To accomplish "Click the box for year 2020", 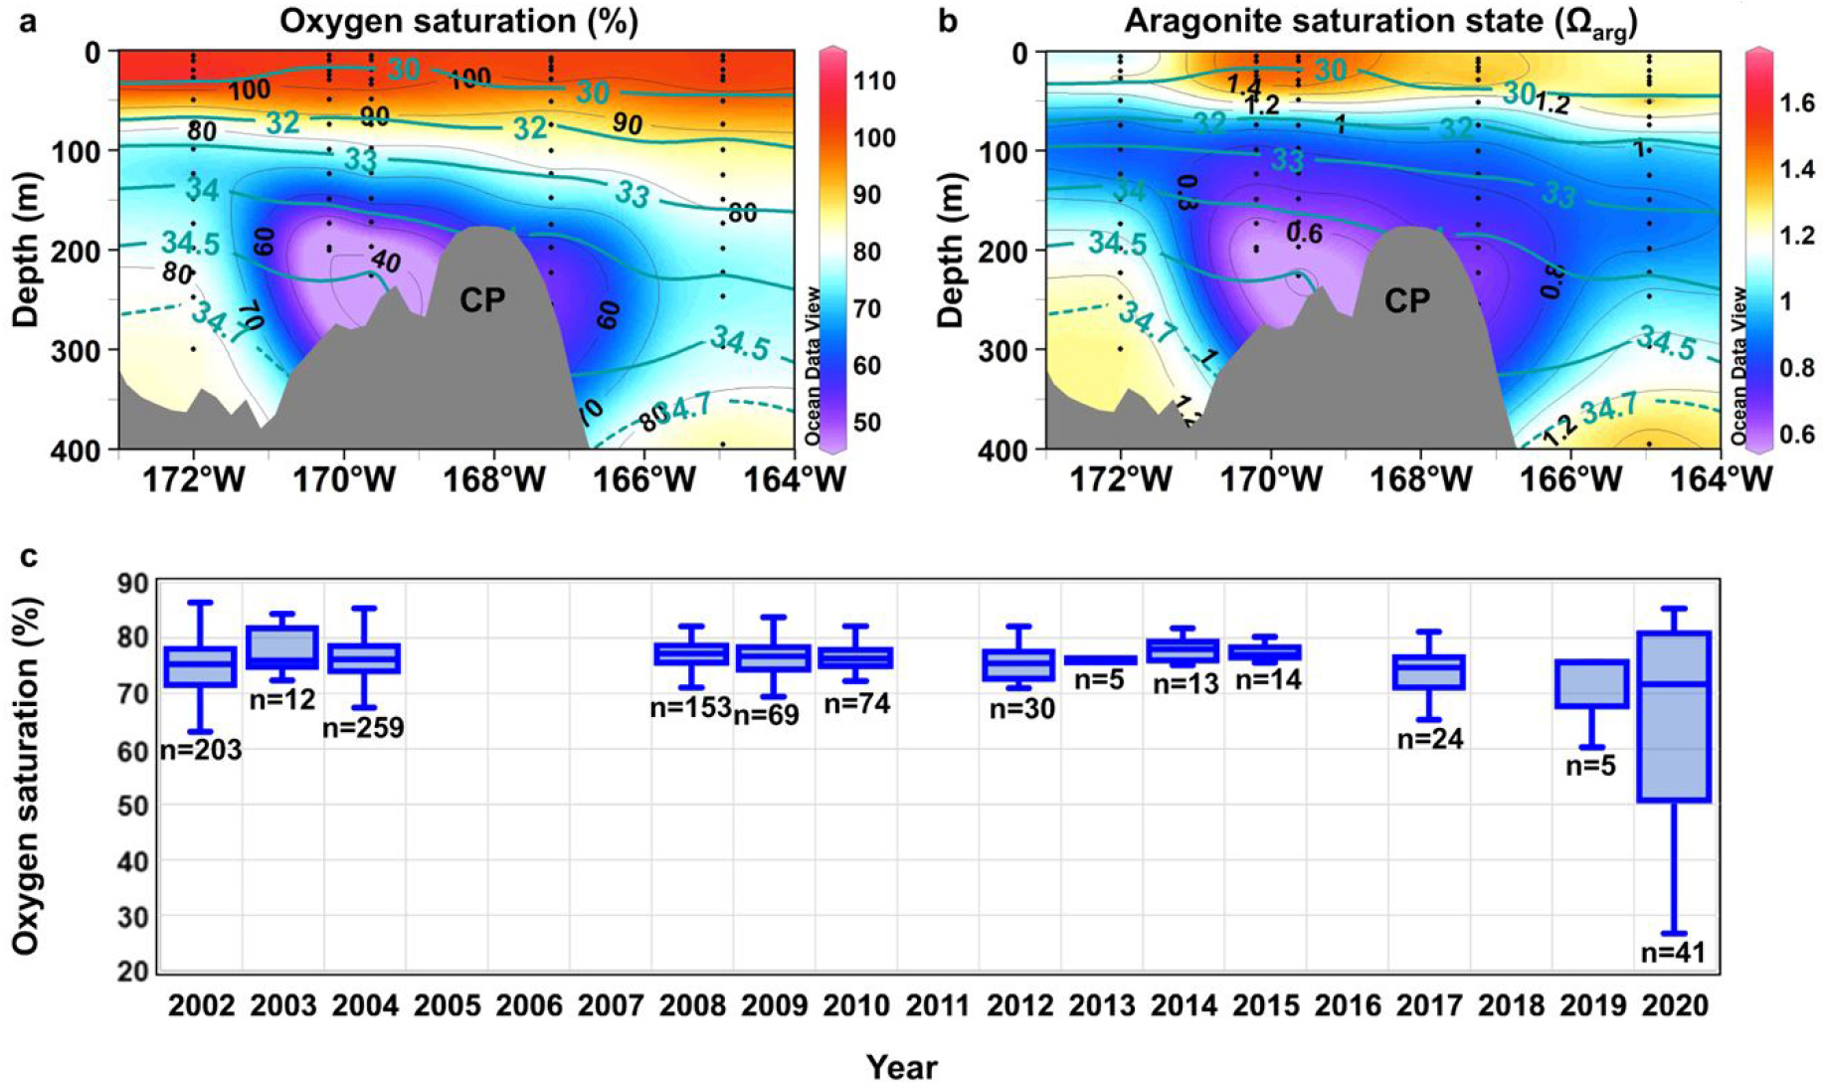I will click(x=1674, y=716).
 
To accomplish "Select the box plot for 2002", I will click(x=201, y=666).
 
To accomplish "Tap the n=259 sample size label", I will click(x=363, y=728).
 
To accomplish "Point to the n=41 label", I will click(x=1673, y=953).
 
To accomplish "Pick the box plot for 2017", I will click(x=1428, y=671).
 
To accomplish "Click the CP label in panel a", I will click(x=482, y=300).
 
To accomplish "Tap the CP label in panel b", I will click(x=1407, y=300).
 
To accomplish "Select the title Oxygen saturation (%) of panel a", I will click(x=458, y=21).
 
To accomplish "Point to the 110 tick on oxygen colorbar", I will click(x=874, y=82).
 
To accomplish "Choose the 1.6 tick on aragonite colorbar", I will click(x=1796, y=103).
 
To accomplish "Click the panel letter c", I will click(x=29, y=555).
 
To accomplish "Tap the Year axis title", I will click(x=901, y=1067).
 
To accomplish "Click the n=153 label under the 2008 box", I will click(x=690, y=708).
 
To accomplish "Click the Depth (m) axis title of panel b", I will click(x=952, y=250).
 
